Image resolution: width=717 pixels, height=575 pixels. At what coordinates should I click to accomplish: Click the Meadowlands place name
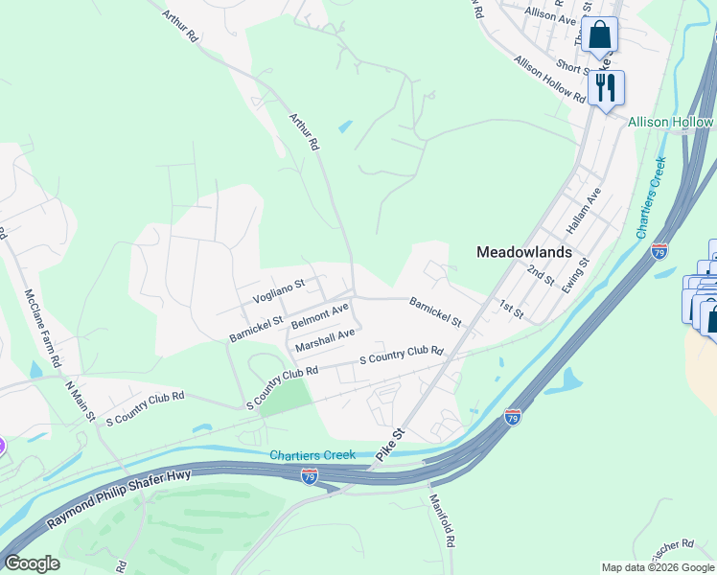click(x=524, y=252)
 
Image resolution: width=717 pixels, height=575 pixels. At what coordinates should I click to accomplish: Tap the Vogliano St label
click(x=278, y=290)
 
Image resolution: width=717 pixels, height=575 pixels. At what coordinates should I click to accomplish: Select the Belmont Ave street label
click(x=319, y=317)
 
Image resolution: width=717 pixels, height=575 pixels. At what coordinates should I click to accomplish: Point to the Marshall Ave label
click(x=325, y=339)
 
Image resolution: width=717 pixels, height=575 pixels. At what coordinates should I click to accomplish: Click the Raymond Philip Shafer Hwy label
click(x=120, y=498)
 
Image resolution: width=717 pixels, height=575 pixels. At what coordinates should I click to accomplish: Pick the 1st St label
click(x=511, y=309)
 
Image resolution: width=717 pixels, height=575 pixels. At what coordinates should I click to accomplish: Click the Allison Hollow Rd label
click(x=550, y=80)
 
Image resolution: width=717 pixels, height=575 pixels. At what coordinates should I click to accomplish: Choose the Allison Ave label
click(x=550, y=16)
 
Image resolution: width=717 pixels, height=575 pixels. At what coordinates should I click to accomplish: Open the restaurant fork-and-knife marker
click(x=606, y=88)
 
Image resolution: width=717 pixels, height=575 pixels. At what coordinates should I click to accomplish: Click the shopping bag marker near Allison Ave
click(x=599, y=35)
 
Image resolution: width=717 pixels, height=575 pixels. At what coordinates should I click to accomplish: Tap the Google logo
click(x=32, y=564)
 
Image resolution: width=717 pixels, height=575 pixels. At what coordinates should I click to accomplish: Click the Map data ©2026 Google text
click(x=657, y=567)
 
